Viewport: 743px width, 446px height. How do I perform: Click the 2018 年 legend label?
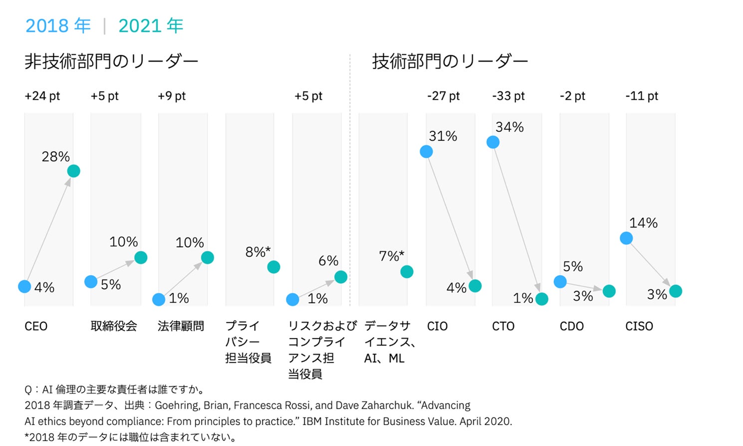[x=58, y=26]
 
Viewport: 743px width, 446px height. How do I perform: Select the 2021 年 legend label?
[x=151, y=26]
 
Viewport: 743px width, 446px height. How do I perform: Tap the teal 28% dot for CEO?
[x=73, y=171]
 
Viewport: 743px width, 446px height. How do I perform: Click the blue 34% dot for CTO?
[x=493, y=142]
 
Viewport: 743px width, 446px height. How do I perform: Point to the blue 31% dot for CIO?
[x=426, y=152]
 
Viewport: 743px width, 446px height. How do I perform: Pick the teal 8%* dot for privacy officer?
[x=273, y=267]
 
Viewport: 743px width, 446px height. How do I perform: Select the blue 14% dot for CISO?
[x=626, y=238]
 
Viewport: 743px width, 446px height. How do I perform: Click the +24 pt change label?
[x=42, y=96]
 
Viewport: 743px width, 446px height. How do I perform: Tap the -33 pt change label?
[x=508, y=96]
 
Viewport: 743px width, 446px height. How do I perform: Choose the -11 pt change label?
[x=642, y=96]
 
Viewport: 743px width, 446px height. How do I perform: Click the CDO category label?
[x=571, y=326]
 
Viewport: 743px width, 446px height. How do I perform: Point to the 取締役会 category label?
[x=114, y=326]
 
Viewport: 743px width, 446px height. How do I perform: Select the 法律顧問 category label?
[x=181, y=326]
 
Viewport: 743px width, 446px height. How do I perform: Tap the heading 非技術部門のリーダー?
[x=111, y=61]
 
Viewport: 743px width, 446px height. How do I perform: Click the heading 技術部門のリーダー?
[x=450, y=61]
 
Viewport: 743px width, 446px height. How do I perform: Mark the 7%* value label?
[x=391, y=256]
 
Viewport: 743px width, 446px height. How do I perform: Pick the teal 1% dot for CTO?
[x=541, y=299]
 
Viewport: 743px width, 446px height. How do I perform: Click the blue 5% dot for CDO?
[x=560, y=282]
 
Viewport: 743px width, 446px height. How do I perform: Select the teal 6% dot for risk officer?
[x=341, y=277]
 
